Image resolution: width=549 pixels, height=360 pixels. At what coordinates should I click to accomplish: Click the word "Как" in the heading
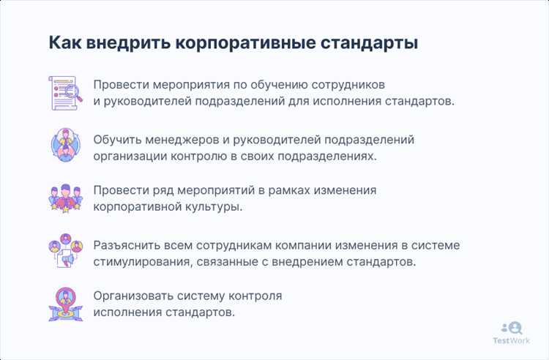point(64,42)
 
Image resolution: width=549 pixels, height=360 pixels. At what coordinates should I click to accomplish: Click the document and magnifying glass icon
point(64,92)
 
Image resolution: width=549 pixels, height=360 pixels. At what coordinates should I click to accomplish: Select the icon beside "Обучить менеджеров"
point(64,146)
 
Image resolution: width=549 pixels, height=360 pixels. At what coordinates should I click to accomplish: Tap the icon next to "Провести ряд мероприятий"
point(64,198)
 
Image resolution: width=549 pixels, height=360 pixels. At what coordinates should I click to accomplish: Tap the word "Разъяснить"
point(127,245)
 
